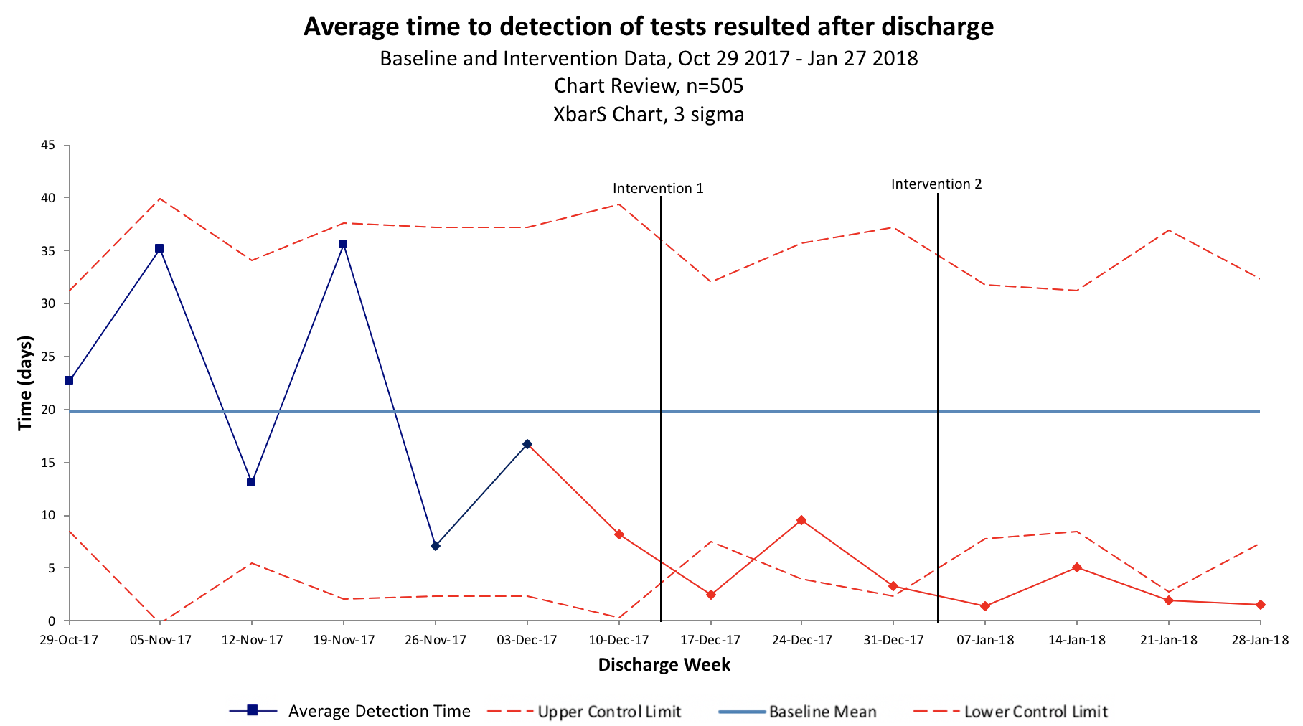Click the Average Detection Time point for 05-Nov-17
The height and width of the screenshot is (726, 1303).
(x=159, y=248)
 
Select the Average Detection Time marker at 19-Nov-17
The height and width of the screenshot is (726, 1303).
(x=343, y=244)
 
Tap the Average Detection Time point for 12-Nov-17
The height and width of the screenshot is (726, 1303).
(x=251, y=482)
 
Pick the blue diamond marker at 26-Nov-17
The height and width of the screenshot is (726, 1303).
(x=436, y=546)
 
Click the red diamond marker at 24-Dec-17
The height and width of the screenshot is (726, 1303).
(x=801, y=520)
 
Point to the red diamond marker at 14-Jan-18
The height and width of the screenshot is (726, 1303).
(x=1077, y=567)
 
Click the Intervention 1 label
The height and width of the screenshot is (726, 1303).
(x=658, y=189)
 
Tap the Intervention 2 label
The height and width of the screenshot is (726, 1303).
(x=936, y=184)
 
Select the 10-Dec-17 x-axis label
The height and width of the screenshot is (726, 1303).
(x=618, y=640)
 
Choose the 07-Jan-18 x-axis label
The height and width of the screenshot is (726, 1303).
(x=985, y=640)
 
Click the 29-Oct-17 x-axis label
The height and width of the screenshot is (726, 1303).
(x=69, y=640)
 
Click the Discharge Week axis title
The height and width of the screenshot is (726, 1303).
(x=664, y=665)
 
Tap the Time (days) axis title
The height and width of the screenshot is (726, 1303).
(x=26, y=383)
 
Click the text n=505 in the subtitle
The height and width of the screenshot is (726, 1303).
(x=709, y=86)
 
